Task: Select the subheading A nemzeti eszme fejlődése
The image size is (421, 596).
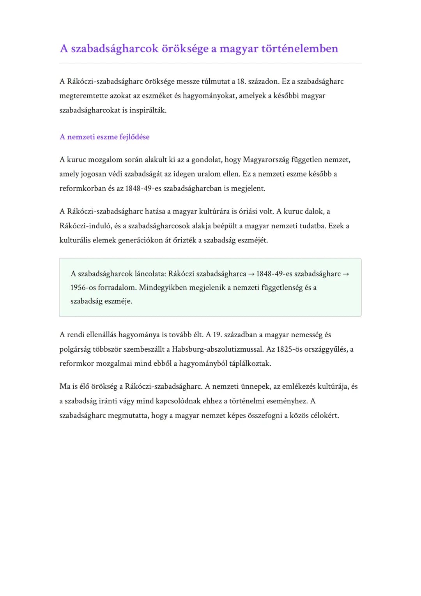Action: point(104,137)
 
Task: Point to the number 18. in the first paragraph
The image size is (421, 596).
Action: point(241,82)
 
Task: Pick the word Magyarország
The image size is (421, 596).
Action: point(266,160)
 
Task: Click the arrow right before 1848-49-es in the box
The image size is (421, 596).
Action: point(251,274)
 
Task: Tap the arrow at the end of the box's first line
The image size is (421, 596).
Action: point(345,274)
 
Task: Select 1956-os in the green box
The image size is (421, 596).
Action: point(83,288)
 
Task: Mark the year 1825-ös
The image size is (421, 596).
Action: point(290,349)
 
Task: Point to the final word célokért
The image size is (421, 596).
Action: point(325,415)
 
